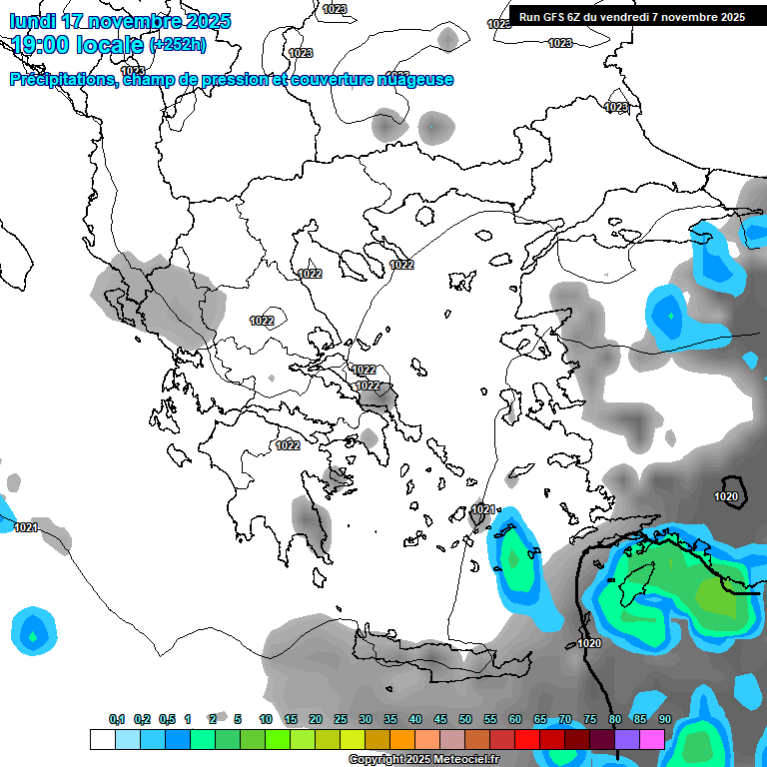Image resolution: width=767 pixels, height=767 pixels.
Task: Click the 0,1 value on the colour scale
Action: click(117, 719)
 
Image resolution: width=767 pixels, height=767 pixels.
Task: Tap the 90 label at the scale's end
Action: click(665, 719)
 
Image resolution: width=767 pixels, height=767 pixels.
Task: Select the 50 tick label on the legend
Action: click(465, 719)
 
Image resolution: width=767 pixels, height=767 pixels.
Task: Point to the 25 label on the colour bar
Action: click(341, 719)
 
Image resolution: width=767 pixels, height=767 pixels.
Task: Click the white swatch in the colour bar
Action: click(102, 739)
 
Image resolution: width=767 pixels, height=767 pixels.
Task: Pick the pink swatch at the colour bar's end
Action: click(652, 739)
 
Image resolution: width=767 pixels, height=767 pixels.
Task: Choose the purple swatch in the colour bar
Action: click(627, 739)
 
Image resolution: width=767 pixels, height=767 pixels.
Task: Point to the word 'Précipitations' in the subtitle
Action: click(62, 80)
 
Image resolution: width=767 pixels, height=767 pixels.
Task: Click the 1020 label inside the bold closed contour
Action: click(727, 496)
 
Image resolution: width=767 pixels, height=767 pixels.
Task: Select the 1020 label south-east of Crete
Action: click(589, 643)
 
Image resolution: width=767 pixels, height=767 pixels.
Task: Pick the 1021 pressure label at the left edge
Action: click(26, 527)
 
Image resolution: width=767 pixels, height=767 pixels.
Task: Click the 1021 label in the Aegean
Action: click(483, 509)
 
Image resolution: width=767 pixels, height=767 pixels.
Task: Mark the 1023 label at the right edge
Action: click(617, 107)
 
